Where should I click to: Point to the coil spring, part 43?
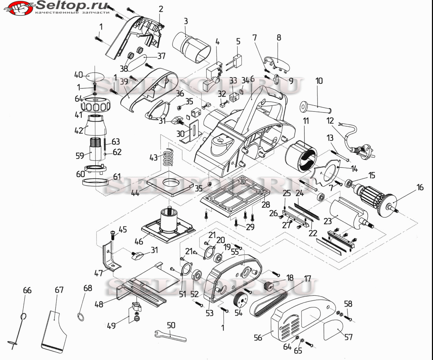click(169, 158)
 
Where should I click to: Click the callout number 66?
click(27, 290)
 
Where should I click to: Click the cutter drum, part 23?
click(346, 212)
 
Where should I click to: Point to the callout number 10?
click(319, 81)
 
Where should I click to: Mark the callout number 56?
click(258, 337)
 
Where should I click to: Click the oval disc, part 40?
click(95, 77)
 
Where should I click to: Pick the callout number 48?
click(99, 304)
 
